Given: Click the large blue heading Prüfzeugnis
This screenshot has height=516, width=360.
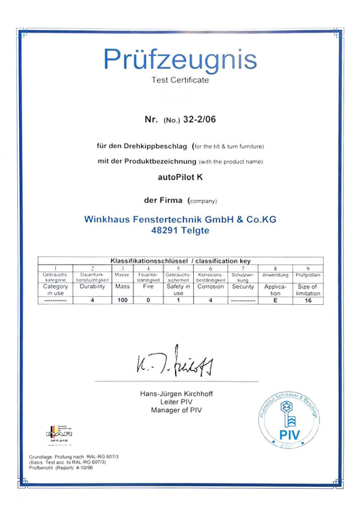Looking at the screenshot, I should pyautogui.click(x=180, y=59).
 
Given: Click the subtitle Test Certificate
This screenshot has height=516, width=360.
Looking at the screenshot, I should pyautogui.click(x=180, y=80).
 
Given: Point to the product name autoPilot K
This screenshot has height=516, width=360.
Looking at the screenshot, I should pyautogui.click(x=180, y=177).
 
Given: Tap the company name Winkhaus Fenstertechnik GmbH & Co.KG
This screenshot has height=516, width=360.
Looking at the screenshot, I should pyautogui.click(x=180, y=220).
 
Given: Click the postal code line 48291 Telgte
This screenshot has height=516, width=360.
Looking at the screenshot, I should pyautogui.click(x=180, y=231).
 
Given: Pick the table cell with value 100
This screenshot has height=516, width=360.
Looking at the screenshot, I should pyautogui.click(x=123, y=301).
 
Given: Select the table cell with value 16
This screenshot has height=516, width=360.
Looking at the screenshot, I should pyautogui.click(x=308, y=301).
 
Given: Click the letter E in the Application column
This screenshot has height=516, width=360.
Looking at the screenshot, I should pyautogui.click(x=275, y=301).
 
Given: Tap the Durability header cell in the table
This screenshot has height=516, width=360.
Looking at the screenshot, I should pyautogui.click(x=92, y=286).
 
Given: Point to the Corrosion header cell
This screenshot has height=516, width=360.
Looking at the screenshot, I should pyautogui.click(x=211, y=286).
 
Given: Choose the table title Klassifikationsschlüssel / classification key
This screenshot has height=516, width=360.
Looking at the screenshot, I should pyautogui.click(x=180, y=261).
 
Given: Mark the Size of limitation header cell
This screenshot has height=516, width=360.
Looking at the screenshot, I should pyautogui.click(x=308, y=290).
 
